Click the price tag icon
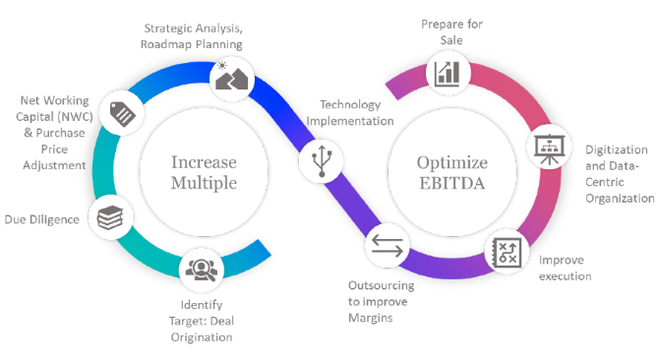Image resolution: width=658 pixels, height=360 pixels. click(x=123, y=113)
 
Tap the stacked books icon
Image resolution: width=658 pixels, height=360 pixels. click(x=110, y=217)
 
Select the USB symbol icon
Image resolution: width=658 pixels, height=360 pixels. click(x=322, y=161)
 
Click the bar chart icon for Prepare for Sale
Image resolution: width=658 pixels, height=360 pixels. click(x=448, y=74)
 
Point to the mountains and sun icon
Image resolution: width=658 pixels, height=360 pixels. click(x=232, y=77)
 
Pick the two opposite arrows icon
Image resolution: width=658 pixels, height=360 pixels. click(x=387, y=246)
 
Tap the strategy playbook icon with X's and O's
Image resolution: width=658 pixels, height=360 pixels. click(x=508, y=253)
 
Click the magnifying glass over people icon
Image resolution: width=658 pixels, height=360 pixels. click(x=202, y=270)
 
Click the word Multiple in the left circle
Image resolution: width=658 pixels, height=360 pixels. click(x=204, y=183)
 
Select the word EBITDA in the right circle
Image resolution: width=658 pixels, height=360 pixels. click(x=452, y=183)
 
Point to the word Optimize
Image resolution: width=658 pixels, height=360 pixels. click(x=452, y=163)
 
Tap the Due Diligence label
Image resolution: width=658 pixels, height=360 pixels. click(x=42, y=219)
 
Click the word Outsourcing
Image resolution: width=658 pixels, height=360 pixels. click(x=381, y=285)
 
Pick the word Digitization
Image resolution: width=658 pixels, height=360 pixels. click(x=617, y=150)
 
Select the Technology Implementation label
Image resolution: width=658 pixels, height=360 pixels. click(x=350, y=112)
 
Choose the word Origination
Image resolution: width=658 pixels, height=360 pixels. click(x=202, y=337)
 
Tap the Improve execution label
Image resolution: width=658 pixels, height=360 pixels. click(x=566, y=269)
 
